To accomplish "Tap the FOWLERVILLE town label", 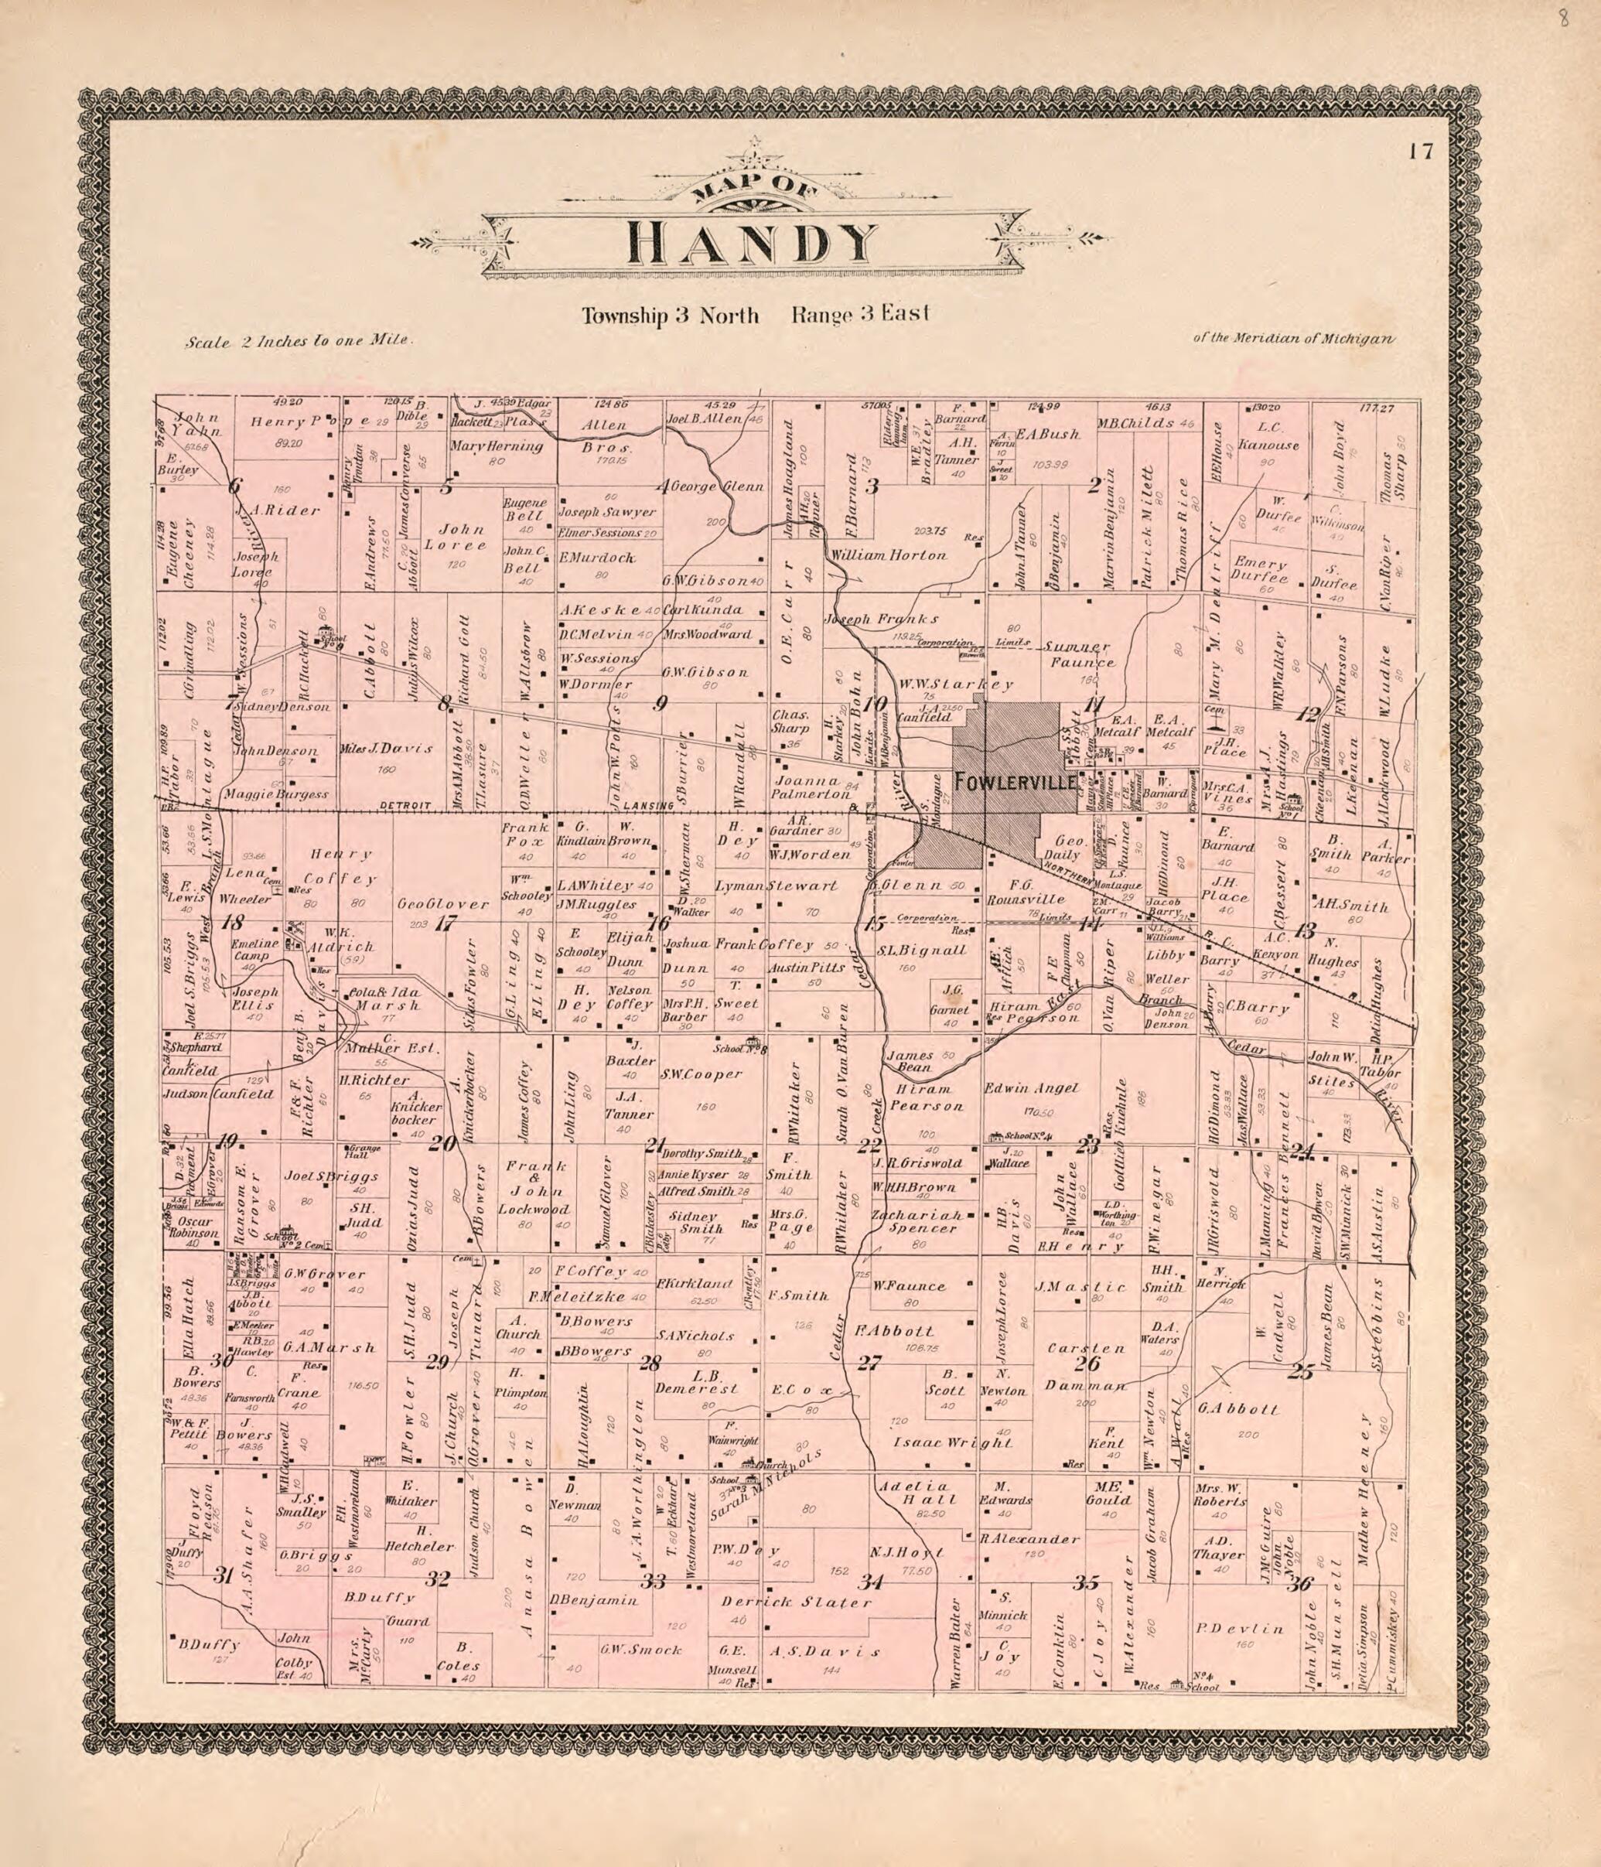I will click(1016, 780).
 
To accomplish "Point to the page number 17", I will click(1420, 152).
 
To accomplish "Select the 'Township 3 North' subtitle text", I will click(670, 316).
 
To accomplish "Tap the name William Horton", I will click(889, 555).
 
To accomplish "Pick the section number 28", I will click(649, 1363).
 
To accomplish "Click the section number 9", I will click(661, 704).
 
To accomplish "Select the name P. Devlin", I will click(1251, 1628).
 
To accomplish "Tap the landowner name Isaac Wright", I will click(952, 1442).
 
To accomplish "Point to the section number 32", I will click(438, 1578).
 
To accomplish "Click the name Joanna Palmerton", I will click(811, 787).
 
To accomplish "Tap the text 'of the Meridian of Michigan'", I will click(1293, 339).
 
